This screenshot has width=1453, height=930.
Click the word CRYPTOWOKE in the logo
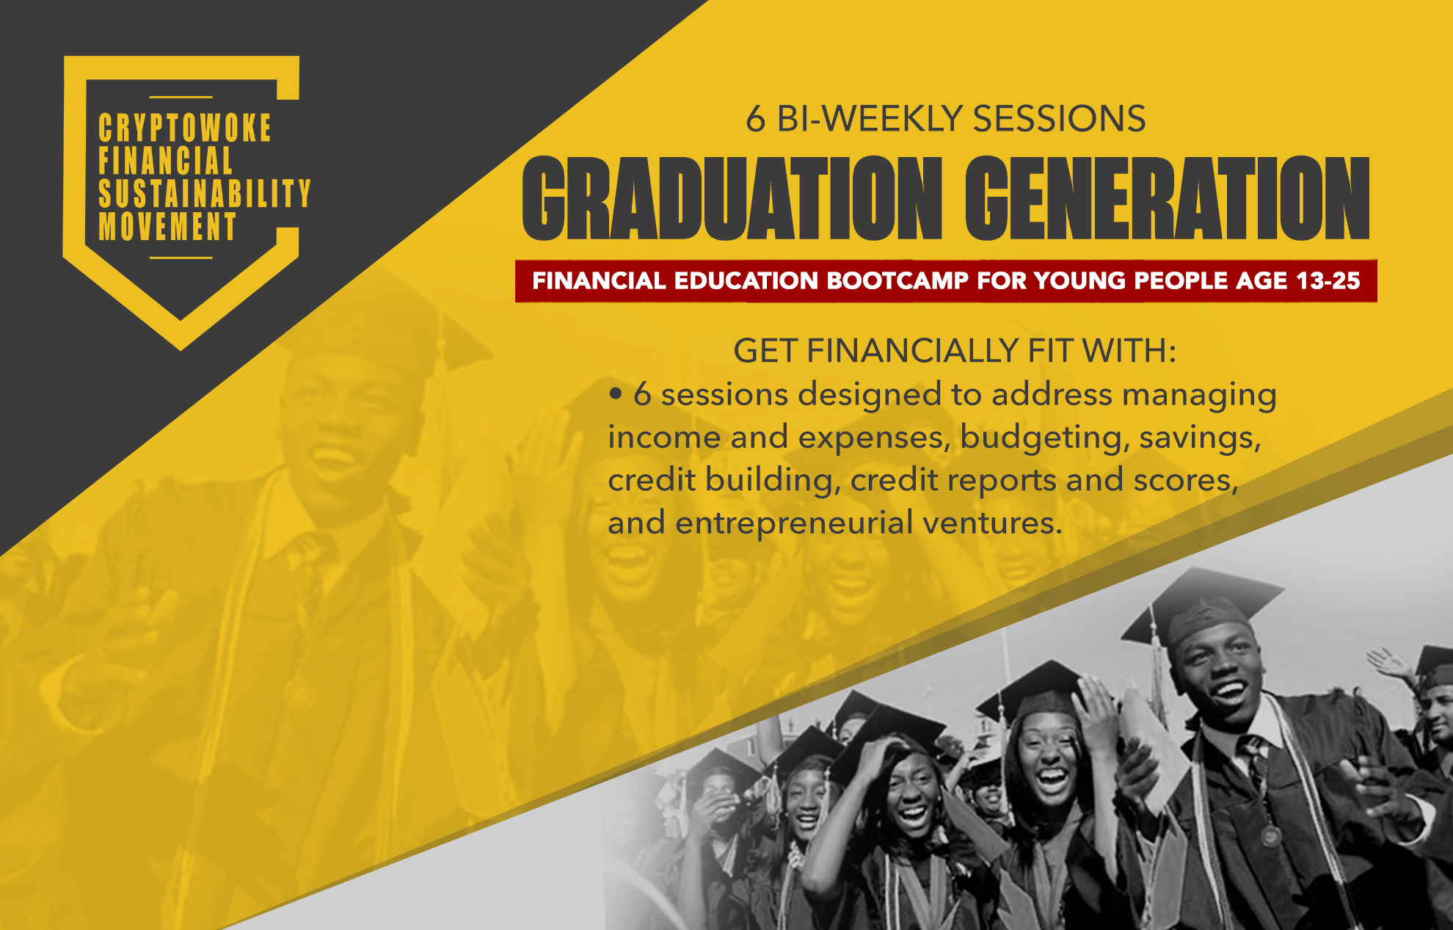click(185, 128)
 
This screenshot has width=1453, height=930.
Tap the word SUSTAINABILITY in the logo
click(205, 194)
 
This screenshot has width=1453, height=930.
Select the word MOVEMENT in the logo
click(167, 227)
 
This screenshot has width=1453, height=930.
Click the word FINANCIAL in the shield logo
click(166, 161)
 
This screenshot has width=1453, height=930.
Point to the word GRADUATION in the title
click(732, 198)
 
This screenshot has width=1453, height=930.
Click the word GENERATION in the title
click(1167, 198)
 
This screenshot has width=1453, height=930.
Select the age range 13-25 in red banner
click(1328, 280)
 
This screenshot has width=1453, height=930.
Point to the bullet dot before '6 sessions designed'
click(616, 395)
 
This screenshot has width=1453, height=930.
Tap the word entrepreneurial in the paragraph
click(793, 523)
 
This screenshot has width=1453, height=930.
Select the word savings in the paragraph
click(1200, 438)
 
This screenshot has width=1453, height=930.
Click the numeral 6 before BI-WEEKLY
click(756, 119)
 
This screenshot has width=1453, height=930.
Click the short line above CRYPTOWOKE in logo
click(181, 97)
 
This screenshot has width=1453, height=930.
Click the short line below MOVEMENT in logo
click(181, 258)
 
